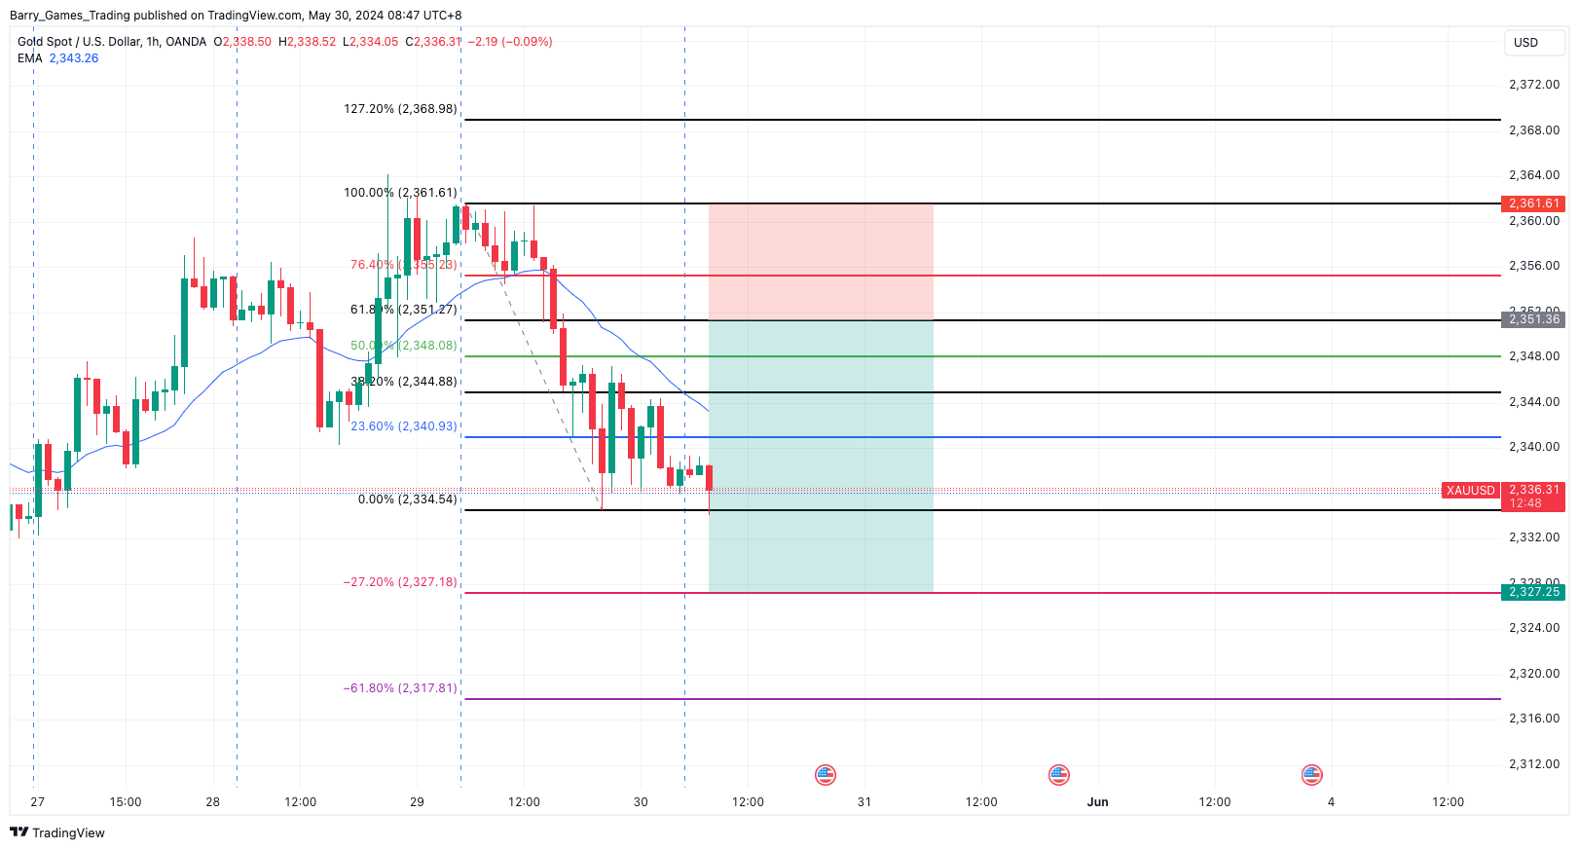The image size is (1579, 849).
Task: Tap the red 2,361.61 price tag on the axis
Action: point(1533,203)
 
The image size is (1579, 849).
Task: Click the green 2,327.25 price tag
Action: point(1533,592)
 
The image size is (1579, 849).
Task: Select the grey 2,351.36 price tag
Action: point(1533,319)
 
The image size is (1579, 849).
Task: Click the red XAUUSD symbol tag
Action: point(1470,491)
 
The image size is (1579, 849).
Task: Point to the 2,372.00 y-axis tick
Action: point(1533,85)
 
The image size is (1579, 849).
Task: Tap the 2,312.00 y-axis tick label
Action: point(1533,764)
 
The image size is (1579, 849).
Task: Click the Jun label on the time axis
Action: point(1097,802)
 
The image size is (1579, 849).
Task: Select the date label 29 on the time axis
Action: point(417,802)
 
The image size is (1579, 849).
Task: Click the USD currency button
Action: point(1525,43)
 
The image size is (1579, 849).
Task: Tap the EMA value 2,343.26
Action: point(74,58)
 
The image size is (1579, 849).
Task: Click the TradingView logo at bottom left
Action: point(57,832)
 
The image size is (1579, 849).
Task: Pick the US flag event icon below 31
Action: point(1058,775)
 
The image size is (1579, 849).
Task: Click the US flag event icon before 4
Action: point(1311,775)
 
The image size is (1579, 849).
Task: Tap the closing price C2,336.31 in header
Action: point(433,42)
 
